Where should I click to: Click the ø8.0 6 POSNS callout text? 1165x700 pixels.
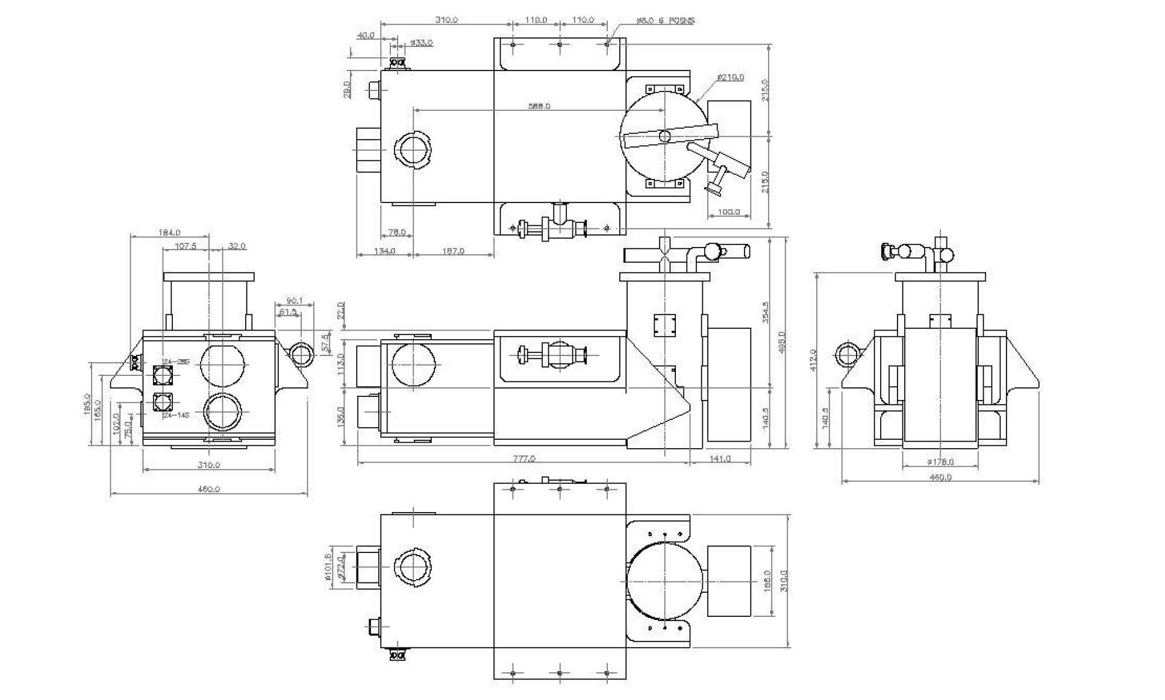point(665,20)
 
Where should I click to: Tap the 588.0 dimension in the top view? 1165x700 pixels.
point(539,106)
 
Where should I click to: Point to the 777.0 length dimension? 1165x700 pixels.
point(523,458)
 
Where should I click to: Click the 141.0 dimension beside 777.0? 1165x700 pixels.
point(720,458)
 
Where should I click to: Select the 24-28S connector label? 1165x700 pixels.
point(176,362)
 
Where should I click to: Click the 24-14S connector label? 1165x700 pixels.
point(176,415)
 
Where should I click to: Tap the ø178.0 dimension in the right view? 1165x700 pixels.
point(940,462)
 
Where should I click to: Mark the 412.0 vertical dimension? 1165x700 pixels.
point(813,360)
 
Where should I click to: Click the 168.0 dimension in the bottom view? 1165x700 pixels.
point(767,581)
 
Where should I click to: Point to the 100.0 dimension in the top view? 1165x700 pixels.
point(728,212)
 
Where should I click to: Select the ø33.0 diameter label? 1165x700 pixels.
point(421,43)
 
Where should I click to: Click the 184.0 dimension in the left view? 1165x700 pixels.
point(169,232)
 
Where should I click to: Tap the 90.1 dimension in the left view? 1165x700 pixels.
point(295,301)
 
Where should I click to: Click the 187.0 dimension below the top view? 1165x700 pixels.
point(453,251)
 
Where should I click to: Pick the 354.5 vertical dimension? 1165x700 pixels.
point(766,312)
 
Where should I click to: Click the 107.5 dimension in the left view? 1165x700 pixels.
point(186,246)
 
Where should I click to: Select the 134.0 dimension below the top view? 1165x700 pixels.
point(384,251)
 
